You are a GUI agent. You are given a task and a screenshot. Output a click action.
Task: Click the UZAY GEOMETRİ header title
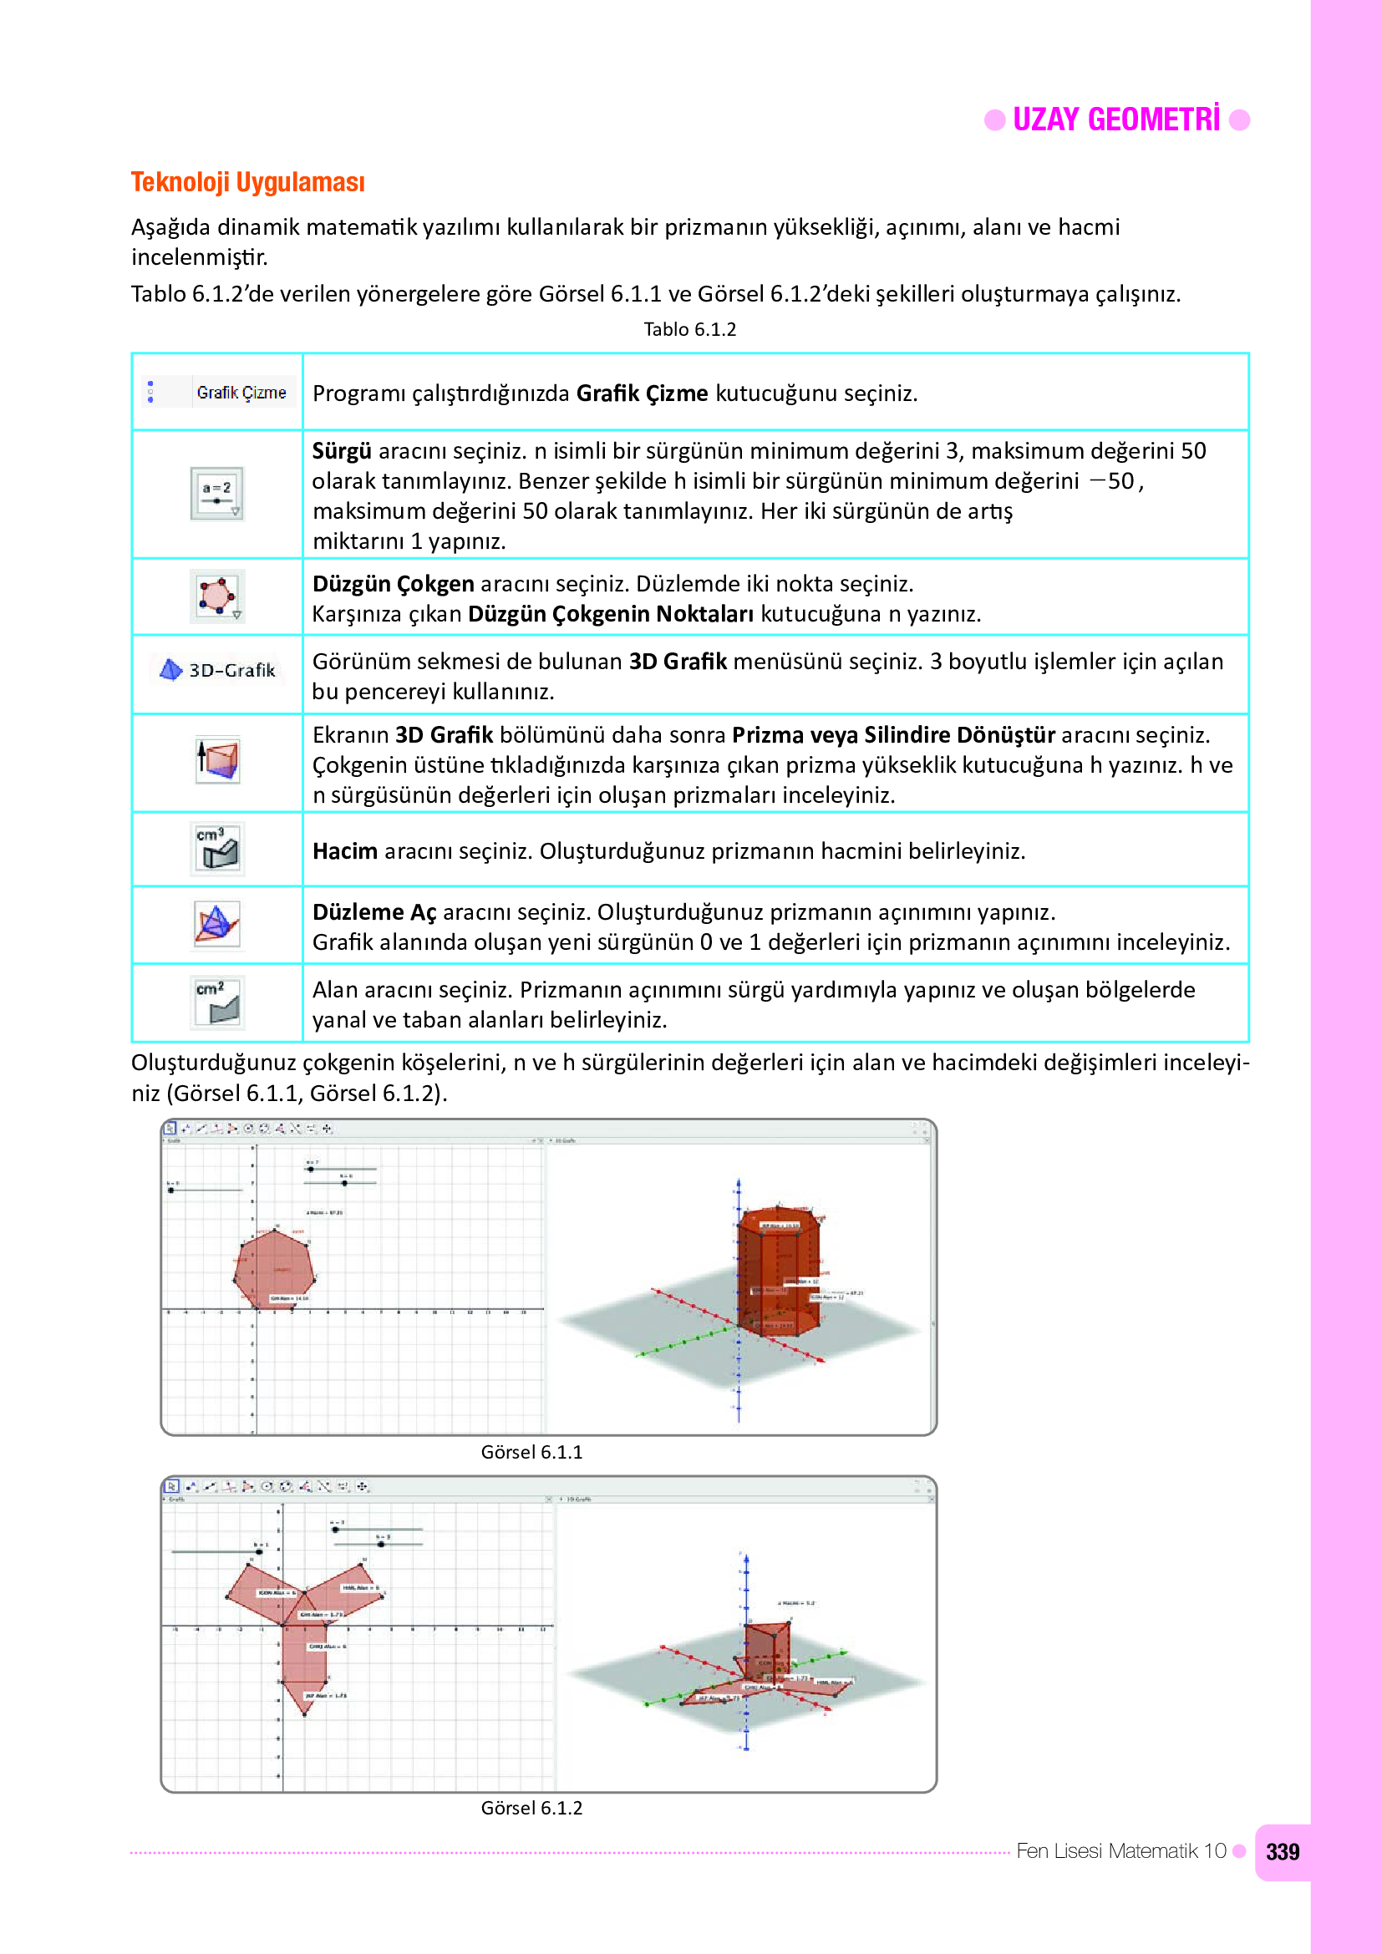pos(1115,120)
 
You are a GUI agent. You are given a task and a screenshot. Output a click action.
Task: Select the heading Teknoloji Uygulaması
pos(247,182)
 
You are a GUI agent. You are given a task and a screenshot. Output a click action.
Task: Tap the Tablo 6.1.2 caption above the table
pos(689,329)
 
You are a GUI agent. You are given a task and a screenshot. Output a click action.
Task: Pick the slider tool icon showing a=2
pos(217,493)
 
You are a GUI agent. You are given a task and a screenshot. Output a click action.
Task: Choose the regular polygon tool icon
pos(217,596)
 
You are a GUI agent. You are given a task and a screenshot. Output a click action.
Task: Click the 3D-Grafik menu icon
pos(218,670)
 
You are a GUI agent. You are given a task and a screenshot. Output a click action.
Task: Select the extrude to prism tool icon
pos(218,759)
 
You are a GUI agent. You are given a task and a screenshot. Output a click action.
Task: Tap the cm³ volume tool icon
pos(218,849)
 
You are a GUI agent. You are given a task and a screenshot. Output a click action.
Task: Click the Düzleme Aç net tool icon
pos(217,924)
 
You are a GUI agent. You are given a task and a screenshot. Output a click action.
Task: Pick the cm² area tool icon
pos(218,1002)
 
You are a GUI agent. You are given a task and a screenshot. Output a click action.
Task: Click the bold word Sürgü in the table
pos(341,451)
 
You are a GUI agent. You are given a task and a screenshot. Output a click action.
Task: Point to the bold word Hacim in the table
pos(344,851)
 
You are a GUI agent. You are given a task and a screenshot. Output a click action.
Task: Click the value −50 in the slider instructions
pos(1113,482)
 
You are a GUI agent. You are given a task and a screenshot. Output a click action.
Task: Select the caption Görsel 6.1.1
pos(531,1452)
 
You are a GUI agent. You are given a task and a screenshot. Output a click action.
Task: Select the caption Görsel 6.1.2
pos(531,1808)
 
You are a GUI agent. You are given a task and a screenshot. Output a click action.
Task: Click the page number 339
pos(1282,1852)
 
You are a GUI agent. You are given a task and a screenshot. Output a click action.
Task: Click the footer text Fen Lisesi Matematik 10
pos(1120,1851)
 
